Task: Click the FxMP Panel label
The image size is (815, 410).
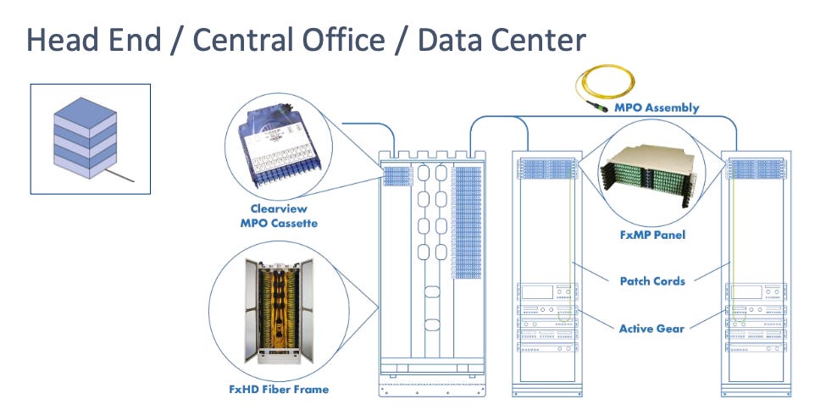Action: [652, 235]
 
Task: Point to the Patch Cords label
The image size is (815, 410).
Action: [651, 281]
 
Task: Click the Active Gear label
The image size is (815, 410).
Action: [651, 327]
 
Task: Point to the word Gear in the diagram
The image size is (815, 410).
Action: [669, 327]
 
